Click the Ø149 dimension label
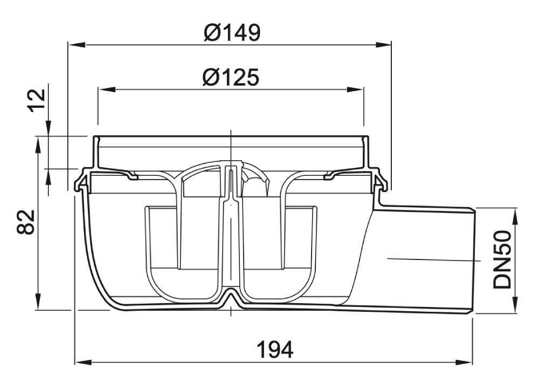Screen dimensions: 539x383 click(232, 33)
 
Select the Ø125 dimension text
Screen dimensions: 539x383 click(231, 77)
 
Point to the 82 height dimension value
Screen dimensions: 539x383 click(26, 222)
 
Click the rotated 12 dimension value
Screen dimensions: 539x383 click(37, 100)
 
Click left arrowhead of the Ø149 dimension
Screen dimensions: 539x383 click(77, 45)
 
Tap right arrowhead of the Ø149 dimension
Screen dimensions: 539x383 click(383, 45)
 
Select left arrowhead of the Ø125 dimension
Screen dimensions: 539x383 click(107, 90)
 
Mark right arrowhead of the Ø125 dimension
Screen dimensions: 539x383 click(355, 90)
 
